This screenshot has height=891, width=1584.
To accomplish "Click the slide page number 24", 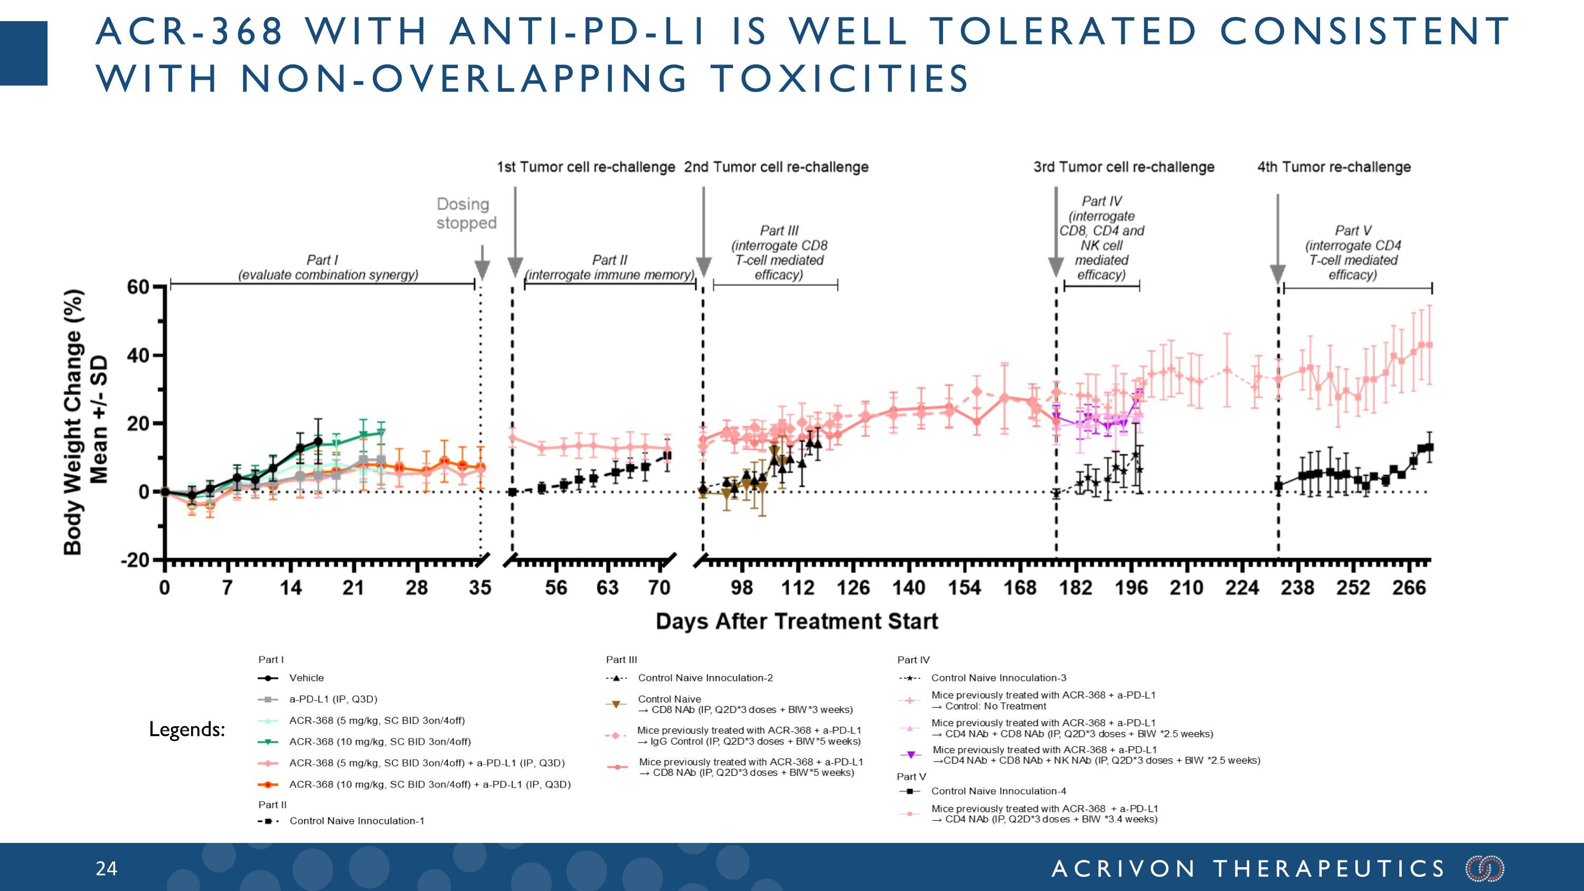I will pyautogui.click(x=106, y=868).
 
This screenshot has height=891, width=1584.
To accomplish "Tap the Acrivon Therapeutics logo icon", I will pyautogui.click(x=1485, y=869).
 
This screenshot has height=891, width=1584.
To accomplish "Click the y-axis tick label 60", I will pyautogui.click(x=138, y=287).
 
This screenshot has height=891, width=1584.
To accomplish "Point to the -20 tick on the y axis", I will pyautogui.click(x=136, y=560).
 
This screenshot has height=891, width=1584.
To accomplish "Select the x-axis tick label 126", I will pyautogui.click(x=853, y=588).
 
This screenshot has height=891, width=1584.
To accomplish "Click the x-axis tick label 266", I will pyautogui.click(x=1409, y=588).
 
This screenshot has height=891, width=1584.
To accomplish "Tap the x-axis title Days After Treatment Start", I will pyautogui.click(x=797, y=621).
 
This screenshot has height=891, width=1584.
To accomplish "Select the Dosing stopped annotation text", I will pyautogui.click(x=466, y=213).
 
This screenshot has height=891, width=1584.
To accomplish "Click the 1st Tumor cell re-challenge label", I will pyautogui.click(x=586, y=167).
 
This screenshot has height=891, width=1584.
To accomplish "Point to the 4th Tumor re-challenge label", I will pyautogui.click(x=1334, y=167).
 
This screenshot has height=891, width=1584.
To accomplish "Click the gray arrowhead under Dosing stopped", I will pyautogui.click(x=482, y=269).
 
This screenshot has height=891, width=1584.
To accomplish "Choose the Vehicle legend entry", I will pyautogui.click(x=306, y=678).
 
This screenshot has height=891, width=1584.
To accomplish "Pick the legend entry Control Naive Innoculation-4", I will pyautogui.click(x=998, y=791).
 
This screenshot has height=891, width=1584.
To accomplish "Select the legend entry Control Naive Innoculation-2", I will pyautogui.click(x=705, y=678).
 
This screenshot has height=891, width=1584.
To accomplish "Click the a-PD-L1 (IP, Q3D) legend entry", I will pyautogui.click(x=333, y=699).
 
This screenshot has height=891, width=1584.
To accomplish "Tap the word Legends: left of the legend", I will pyautogui.click(x=187, y=729).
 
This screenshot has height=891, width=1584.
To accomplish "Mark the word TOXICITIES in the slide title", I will pyautogui.click(x=840, y=79).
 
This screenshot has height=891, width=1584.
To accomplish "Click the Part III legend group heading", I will pyautogui.click(x=621, y=660).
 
